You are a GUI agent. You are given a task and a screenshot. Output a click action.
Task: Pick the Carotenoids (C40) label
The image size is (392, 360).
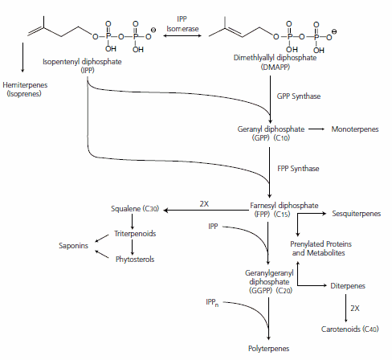pos(354,329)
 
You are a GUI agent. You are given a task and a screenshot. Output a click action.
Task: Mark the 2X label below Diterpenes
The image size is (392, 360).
pos(355,307)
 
